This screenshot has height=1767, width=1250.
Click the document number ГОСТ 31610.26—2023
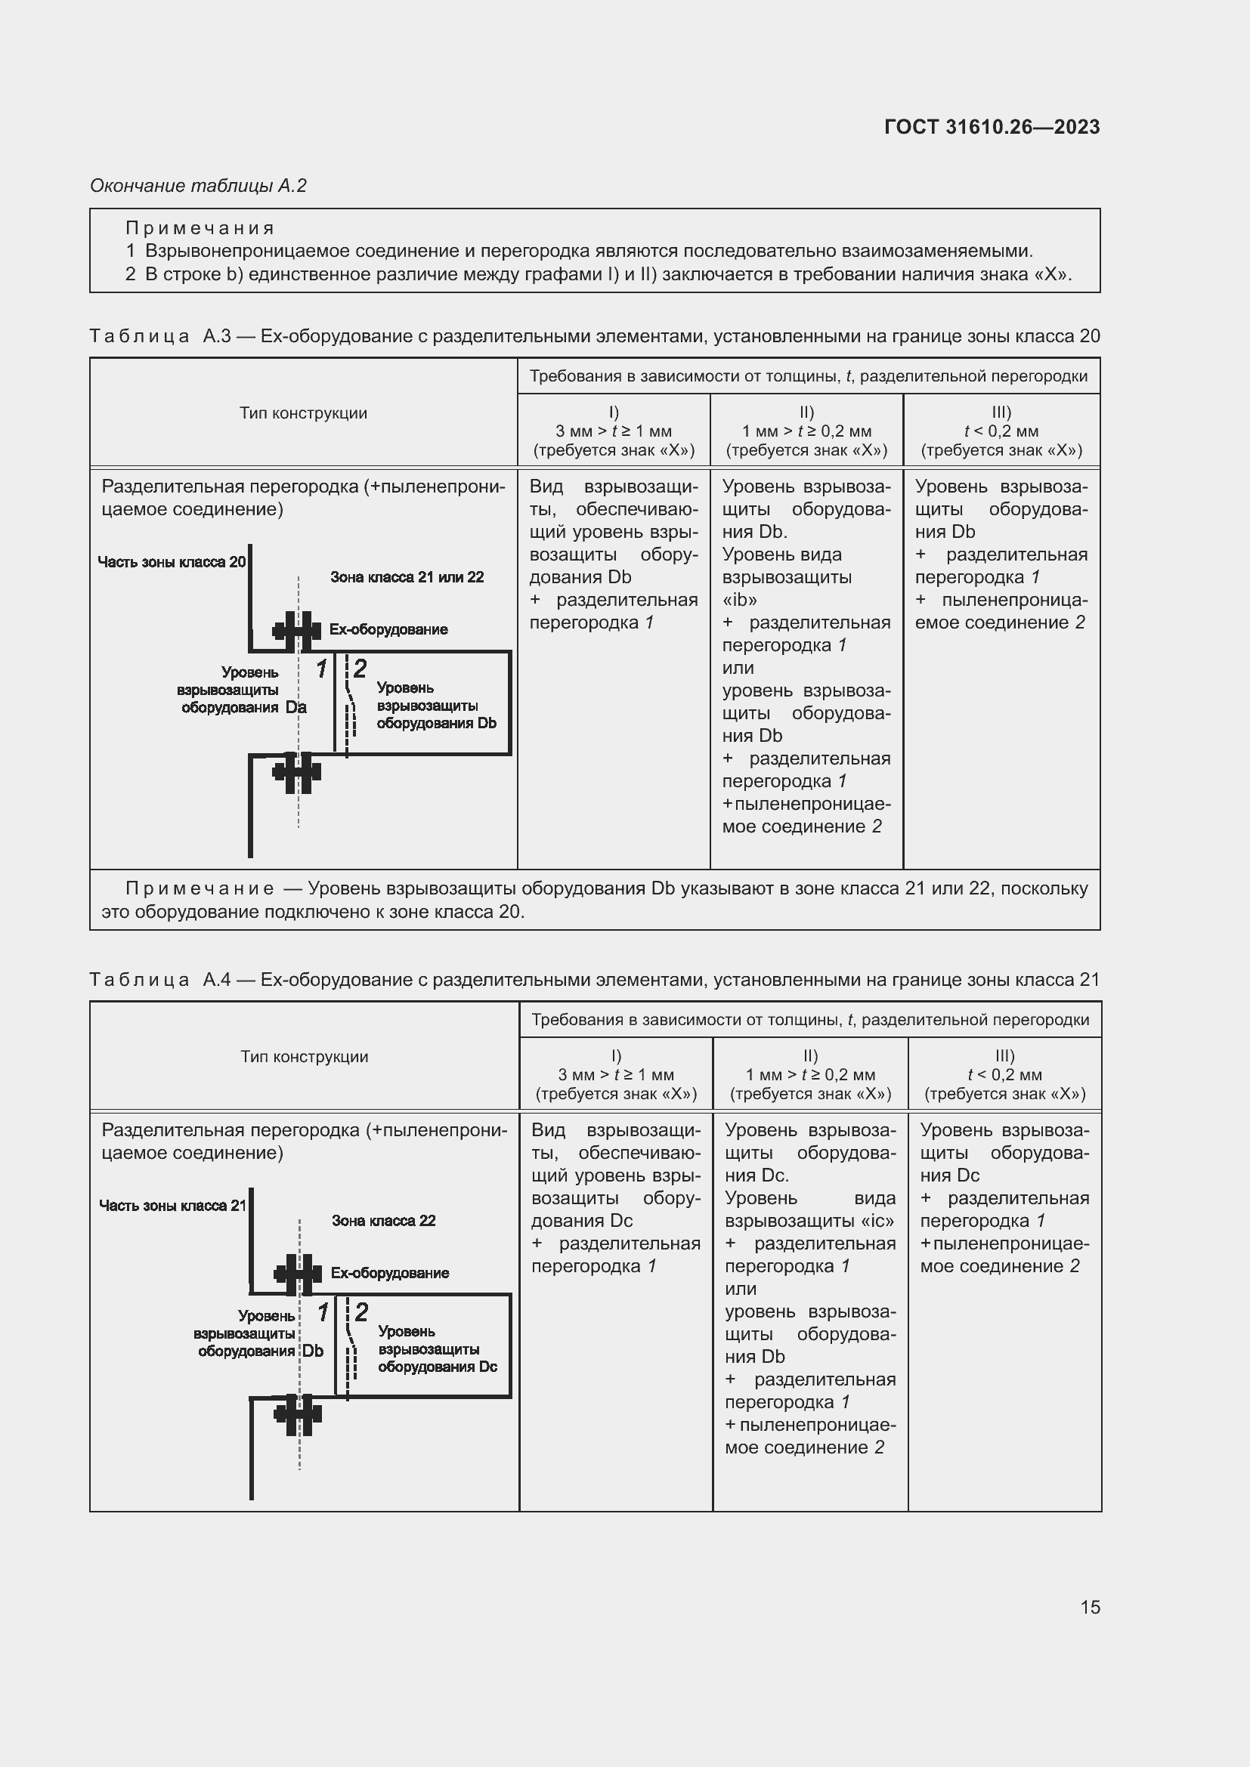coord(992,127)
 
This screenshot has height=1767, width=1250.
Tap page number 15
coord(1090,1607)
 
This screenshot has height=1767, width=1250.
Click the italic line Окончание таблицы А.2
coord(199,186)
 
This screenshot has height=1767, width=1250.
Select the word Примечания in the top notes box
coord(200,228)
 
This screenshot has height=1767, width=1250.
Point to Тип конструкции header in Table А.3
coord(303,413)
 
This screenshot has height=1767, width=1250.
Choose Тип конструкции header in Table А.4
coord(304,1057)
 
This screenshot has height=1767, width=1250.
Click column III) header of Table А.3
coord(1001,431)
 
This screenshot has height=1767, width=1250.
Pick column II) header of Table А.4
coord(809,1074)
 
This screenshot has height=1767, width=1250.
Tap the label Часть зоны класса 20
coord(171,562)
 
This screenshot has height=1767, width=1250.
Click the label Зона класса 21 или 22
coord(407,577)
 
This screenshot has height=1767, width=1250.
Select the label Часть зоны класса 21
coord(172,1205)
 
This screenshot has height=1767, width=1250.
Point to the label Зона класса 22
coord(383,1221)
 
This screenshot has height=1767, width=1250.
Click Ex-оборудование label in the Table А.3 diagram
coord(388,629)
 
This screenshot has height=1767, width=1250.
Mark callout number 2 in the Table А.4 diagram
coord(361,1311)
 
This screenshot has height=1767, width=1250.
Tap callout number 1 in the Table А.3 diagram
coord(322,669)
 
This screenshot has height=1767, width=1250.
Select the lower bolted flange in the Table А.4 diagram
coord(298,1414)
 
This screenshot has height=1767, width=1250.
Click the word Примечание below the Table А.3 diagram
coord(200,889)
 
